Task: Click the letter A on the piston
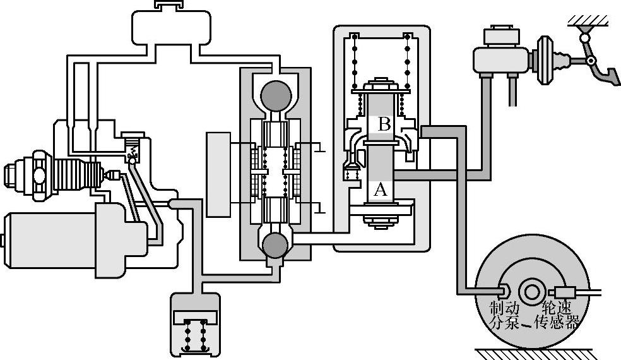point(379,189)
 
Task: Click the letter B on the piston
point(384,125)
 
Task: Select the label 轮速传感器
point(557,316)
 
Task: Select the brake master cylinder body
point(499,59)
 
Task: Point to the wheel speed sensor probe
point(564,292)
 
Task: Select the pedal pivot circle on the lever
point(591,61)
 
